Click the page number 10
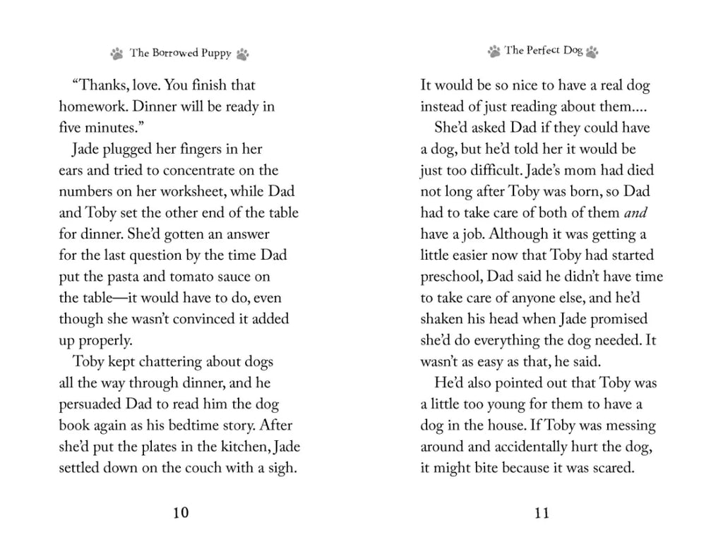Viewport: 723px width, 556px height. point(181,513)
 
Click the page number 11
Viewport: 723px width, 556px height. point(542,513)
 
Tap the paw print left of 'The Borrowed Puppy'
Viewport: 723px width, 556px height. point(117,54)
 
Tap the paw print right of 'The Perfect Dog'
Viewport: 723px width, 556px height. point(592,52)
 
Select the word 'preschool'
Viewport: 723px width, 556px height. point(451,277)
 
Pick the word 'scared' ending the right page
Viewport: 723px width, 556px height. point(609,468)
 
